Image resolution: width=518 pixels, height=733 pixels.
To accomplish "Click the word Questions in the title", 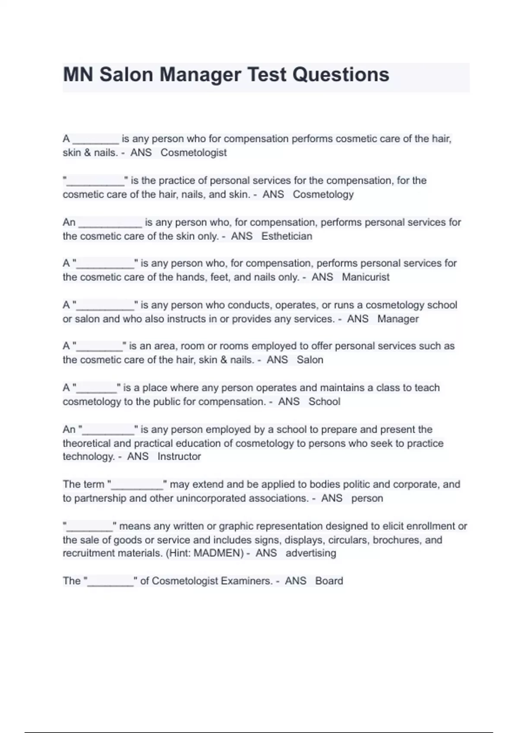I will pos(341,75).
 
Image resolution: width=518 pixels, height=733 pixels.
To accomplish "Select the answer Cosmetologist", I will pos(193,153).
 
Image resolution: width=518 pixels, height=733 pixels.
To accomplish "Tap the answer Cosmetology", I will pos(323,194).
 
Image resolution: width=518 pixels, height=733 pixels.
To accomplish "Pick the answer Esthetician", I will pos(287,236).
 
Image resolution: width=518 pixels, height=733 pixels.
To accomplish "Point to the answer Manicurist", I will pos(366,277).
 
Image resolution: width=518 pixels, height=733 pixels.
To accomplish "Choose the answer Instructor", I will pos(179,457).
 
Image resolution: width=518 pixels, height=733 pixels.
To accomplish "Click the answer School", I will pos(324,402).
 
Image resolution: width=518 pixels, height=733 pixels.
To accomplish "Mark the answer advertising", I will pos(310,553).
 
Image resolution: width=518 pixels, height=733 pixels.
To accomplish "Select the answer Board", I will pos(329,581).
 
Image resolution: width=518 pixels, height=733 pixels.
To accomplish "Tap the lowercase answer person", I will pos(367,498).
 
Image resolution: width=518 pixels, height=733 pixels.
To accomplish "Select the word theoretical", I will pos(86,443).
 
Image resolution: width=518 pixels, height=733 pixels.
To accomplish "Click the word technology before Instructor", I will pos(88,457).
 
